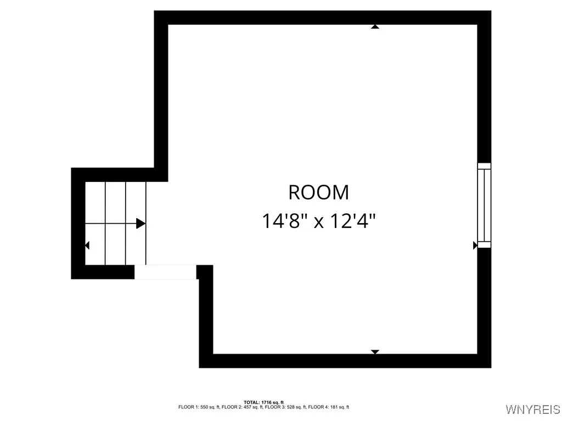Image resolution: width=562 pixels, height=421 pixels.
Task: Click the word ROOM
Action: point(318,193)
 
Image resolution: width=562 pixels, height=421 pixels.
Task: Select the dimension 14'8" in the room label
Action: point(283,221)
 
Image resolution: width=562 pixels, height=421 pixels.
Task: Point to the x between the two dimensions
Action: point(318,223)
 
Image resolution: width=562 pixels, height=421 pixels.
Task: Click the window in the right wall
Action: point(484,205)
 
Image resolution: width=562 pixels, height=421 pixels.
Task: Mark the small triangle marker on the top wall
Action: point(375,26)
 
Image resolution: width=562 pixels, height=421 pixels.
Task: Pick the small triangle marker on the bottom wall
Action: point(375,351)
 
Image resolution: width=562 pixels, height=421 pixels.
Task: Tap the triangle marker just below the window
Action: point(475,246)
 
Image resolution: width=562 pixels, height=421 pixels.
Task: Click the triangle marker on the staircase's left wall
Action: point(87,246)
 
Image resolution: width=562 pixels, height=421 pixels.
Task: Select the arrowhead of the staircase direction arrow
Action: point(140,223)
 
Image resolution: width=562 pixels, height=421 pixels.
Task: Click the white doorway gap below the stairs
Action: point(165,272)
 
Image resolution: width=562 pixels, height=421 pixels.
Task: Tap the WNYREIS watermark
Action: point(533,409)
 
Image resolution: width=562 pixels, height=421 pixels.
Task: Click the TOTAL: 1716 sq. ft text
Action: point(263,402)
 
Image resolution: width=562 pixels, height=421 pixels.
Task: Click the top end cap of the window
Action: point(484,166)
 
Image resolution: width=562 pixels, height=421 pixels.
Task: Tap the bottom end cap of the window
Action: point(484,244)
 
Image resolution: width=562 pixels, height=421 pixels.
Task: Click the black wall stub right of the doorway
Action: point(205,272)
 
